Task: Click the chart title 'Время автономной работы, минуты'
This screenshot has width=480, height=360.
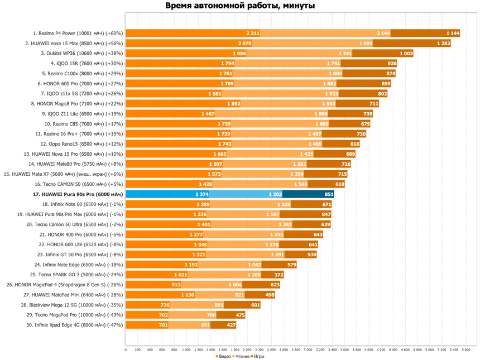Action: (240, 6)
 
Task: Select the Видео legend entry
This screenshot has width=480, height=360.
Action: (223, 356)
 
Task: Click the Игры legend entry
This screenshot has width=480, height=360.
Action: (257, 356)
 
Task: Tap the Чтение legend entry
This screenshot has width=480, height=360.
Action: (241, 356)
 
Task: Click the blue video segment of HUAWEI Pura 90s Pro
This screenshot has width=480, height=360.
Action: (167, 194)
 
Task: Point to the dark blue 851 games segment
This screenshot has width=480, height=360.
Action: (308, 194)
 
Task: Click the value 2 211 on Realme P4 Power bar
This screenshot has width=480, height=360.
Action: (253, 33)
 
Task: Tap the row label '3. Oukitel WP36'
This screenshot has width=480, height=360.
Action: (81, 53)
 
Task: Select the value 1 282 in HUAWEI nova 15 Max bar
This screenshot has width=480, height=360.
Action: (444, 44)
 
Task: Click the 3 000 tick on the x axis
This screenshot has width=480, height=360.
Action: (308, 349)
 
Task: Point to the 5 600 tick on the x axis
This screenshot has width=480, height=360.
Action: (466, 349)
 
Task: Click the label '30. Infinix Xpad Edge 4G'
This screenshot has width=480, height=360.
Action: (74, 325)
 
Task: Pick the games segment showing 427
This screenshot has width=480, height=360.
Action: (223, 325)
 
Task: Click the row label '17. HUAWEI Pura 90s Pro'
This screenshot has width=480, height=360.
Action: (78, 194)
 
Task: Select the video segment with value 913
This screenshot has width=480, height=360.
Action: (153, 285)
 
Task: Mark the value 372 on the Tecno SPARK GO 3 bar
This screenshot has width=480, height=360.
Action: (279, 275)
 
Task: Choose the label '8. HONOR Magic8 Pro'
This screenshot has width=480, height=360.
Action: (77, 104)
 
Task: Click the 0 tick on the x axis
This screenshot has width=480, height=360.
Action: (126, 349)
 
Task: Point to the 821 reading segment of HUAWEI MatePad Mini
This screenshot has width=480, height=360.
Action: (220, 295)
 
